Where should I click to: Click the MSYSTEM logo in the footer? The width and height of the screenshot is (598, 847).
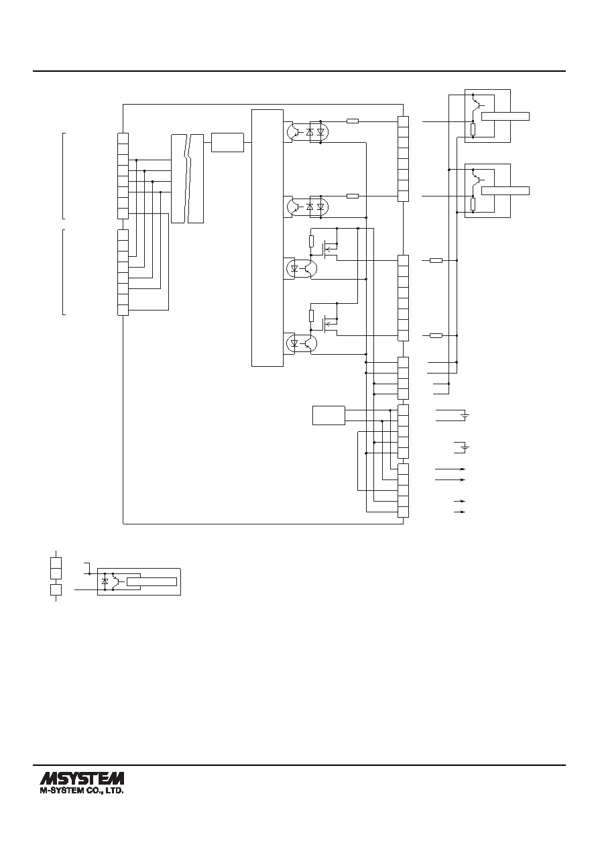pyautogui.click(x=82, y=779)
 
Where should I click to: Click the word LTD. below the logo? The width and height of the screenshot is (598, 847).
pyautogui.click(x=116, y=790)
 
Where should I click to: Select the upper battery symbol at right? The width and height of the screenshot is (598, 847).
pyautogui.click(x=465, y=415)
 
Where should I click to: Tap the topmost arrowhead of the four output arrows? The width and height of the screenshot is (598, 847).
pyautogui.click(x=463, y=469)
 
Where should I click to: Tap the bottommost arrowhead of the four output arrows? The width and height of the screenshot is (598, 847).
pyautogui.click(x=463, y=512)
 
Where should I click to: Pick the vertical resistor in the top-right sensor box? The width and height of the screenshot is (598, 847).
pyautogui.click(x=473, y=129)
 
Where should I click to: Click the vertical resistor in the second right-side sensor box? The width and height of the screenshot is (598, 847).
pyautogui.click(x=473, y=204)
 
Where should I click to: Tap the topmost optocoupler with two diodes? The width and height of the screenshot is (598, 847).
pyautogui.click(x=308, y=132)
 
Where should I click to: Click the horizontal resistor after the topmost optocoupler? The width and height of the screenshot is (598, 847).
pyautogui.click(x=353, y=121)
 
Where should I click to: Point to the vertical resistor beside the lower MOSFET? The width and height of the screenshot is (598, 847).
pyautogui.click(x=312, y=315)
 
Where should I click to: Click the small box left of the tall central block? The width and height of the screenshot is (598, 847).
pyautogui.click(x=227, y=142)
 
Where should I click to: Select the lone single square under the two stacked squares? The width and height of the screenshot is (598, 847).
pyautogui.click(x=56, y=589)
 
